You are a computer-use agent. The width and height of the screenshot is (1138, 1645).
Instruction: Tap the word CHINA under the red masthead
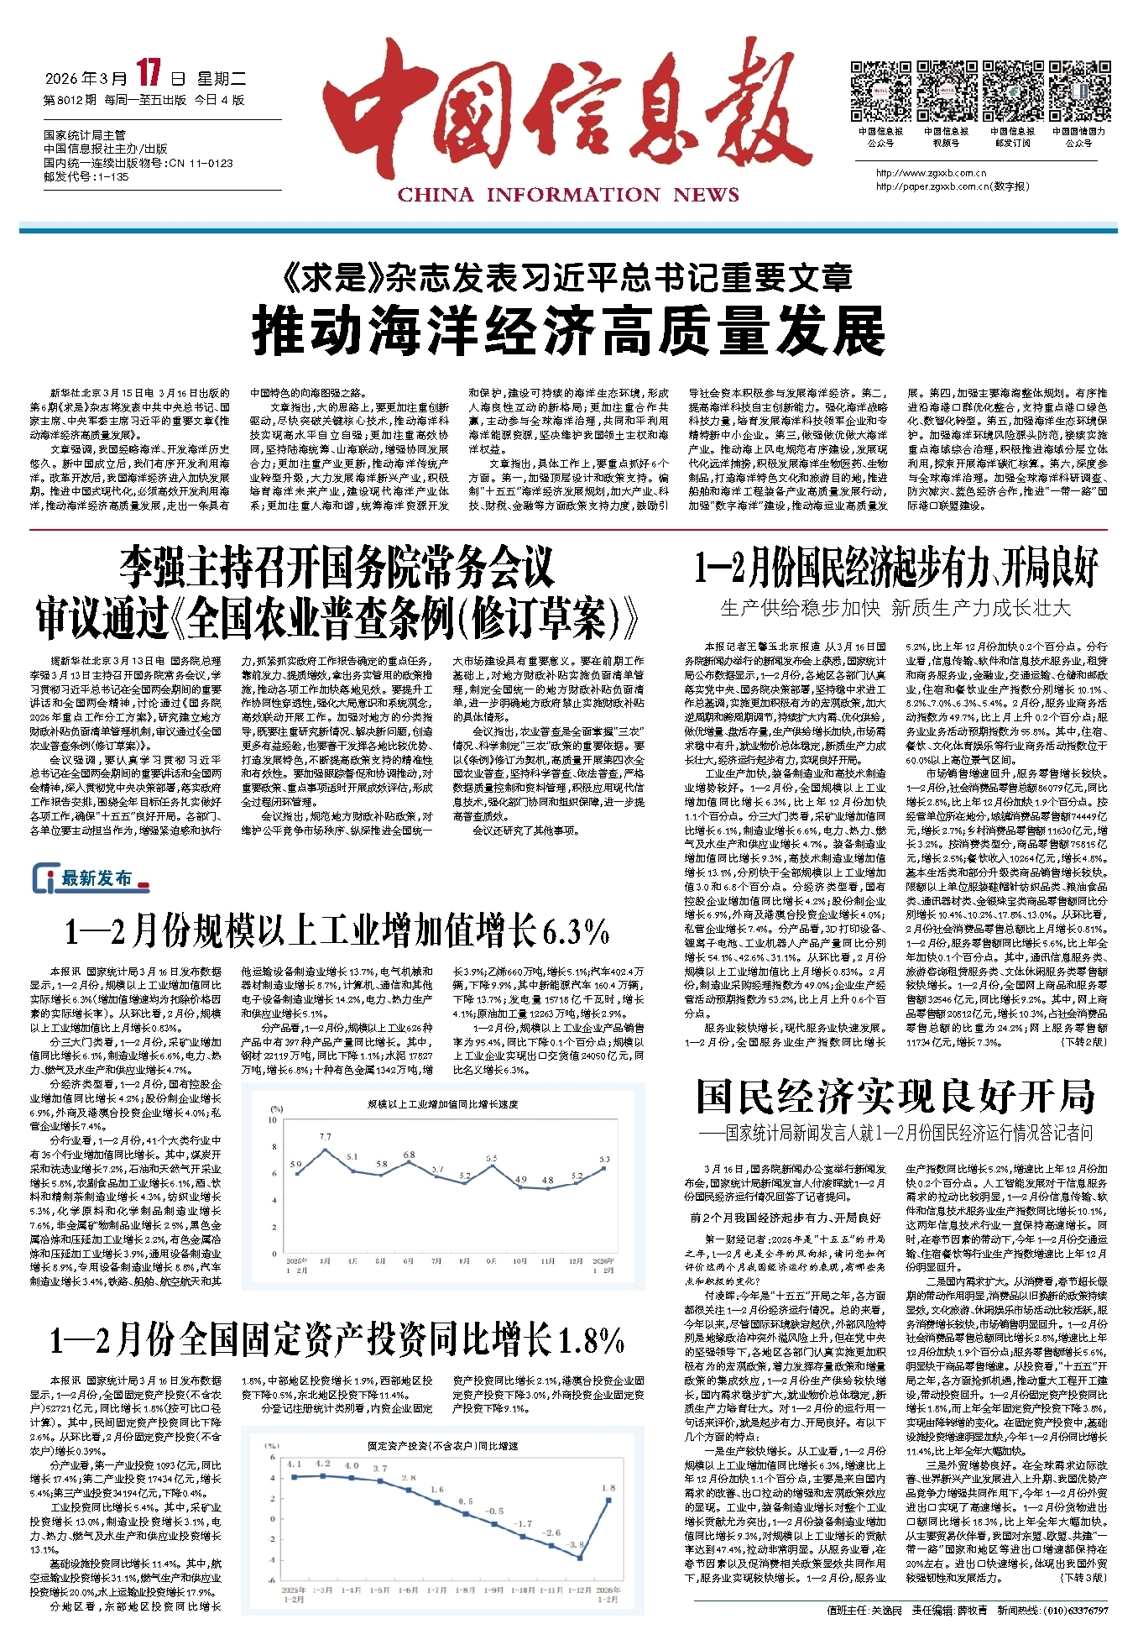pyautogui.click(x=435, y=196)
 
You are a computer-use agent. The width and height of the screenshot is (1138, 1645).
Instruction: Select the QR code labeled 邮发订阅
pyautogui.click(x=1012, y=92)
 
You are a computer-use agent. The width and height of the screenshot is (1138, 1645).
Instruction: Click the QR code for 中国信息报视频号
pyautogui.click(x=946, y=92)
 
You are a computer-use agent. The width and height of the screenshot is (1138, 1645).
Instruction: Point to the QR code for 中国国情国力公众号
pyautogui.click(x=1078, y=92)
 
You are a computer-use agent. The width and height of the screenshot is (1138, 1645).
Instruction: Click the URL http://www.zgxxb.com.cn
pyautogui.click(x=931, y=174)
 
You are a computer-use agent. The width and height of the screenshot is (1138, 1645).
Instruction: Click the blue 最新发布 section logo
pyautogui.click(x=91, y=878)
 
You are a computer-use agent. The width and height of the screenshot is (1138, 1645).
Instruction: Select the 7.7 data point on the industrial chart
pyautogui.click(x=326, y=1150)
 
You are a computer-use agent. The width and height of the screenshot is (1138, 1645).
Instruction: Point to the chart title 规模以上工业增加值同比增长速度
pyautogui.click(x=443, y=1104)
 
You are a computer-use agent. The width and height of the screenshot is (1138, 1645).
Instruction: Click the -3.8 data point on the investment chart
pyautogui.click(x=580, y=1558)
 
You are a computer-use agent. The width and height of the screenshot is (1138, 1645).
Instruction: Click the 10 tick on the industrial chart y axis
pyautogui.click(x=272, y=1120)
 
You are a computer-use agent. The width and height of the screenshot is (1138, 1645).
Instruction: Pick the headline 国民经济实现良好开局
pyautogui.click(x=895, y=1096)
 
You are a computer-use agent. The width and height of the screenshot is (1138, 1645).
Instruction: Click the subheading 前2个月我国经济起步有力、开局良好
pyautogui.click(x=786, y=1217)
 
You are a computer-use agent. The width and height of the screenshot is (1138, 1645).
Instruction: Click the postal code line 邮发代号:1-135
pyautogui.click(x=86, y=177)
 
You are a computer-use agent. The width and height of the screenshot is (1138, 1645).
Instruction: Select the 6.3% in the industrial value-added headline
pyautogui.click(x=575, y=930)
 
